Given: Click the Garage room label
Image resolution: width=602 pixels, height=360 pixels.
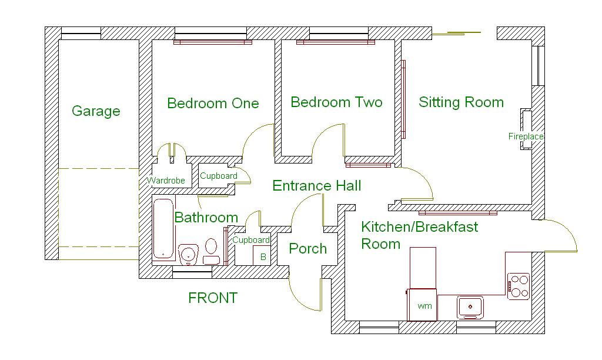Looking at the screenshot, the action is (x=96, y=111).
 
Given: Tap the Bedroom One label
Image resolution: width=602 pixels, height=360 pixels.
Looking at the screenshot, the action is (x=213, y=104).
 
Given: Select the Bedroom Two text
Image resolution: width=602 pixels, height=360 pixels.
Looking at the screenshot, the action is (x=336, y=102).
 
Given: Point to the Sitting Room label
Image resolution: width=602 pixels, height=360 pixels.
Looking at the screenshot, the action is (x=461, y=102).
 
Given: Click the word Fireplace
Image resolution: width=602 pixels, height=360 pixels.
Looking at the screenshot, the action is (x=526, y=136).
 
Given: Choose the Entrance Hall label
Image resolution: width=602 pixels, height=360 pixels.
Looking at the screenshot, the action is (x=316, y=186).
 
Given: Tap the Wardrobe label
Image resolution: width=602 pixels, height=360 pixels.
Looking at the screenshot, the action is (x=166, y=181).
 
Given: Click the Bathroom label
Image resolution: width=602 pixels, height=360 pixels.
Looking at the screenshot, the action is (x=206, y=218).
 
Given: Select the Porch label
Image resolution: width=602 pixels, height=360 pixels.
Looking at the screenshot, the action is (x=307, y=248).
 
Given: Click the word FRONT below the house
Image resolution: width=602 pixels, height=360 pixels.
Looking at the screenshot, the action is (x=213, y=298).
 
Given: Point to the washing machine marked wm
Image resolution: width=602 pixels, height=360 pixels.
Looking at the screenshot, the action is (x=423, y=305).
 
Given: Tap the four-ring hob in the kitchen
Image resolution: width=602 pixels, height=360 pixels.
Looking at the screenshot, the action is (x=519, y=285).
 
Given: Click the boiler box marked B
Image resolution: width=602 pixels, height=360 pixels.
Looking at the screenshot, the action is (x=263, y=256).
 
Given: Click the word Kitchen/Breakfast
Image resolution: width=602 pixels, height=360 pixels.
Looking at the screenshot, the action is (x=419, y=226).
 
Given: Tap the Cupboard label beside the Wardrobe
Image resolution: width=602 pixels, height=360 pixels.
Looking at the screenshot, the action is (x=219, y=176).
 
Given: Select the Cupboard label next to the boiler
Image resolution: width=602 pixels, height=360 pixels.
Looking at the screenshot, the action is (x=251, y=240).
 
